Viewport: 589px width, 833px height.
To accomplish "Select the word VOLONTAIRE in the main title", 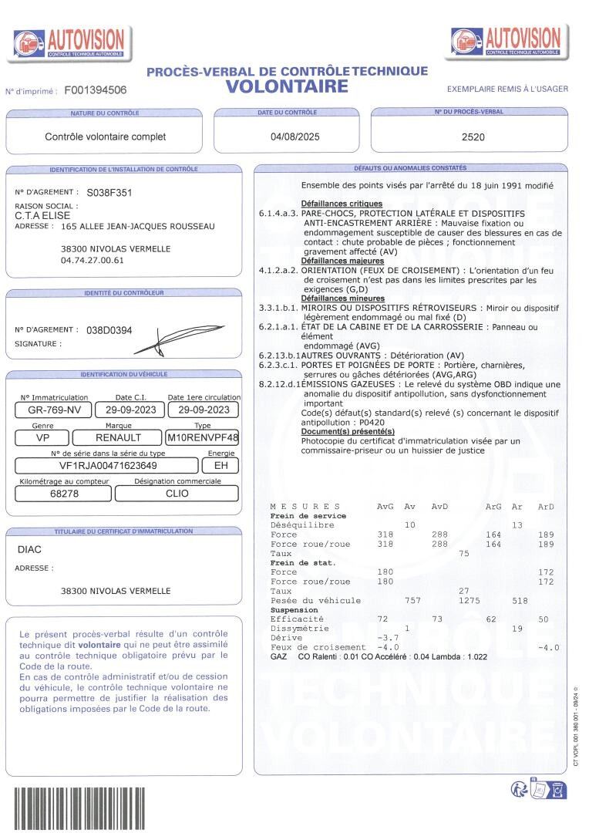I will tap(287, 86).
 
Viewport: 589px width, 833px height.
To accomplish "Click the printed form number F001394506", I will tap(96, 90).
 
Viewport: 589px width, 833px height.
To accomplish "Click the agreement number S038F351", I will tap(109, 193).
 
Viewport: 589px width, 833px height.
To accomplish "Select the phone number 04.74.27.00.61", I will tap(92, 260).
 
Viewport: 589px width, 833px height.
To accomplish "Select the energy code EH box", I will tap(220, 466).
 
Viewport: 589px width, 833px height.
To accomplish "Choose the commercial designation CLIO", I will tap(177, 494).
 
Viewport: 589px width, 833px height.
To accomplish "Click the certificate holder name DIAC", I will tap(29, 551).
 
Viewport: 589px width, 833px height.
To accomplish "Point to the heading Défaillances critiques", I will tap(342, 204).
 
